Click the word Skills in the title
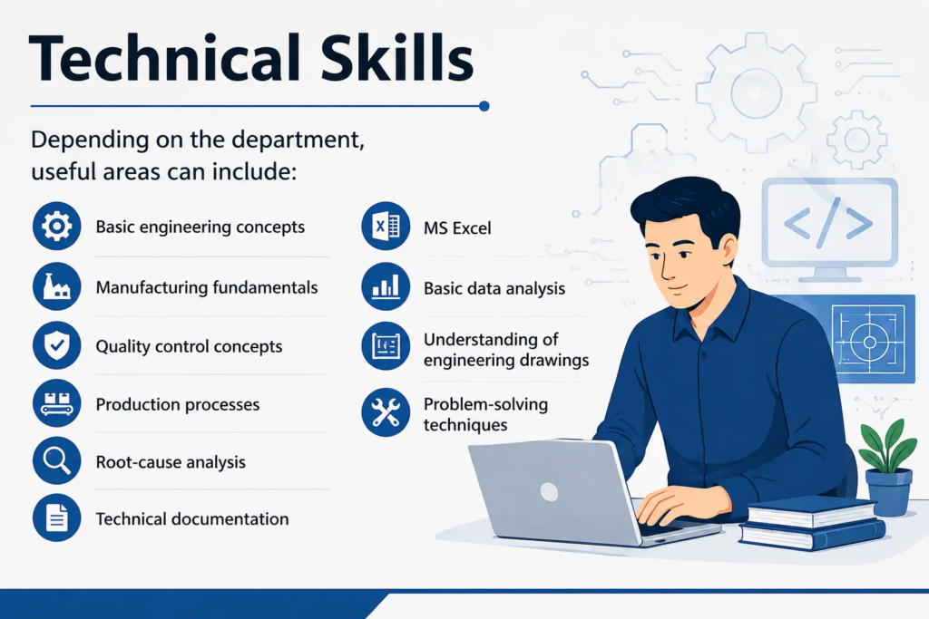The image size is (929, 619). tap(397, 58)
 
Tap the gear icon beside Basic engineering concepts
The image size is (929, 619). tap(57, 226)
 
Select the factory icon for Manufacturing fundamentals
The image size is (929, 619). tap(57, 286)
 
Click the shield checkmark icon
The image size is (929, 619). tap(57, 345)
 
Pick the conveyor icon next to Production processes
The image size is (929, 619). tap(57, 403)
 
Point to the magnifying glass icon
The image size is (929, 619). tap(57, 461)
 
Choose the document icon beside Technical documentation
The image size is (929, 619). tap(57, 517)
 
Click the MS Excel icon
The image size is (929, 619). tap(386, 226)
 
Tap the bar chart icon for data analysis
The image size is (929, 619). tap(386, 286)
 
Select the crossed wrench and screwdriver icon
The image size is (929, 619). tap(386, 412)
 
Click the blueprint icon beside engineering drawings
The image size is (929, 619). tap(386, 346)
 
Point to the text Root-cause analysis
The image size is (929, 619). tap(171, 462)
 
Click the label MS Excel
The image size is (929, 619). tap(457, 227)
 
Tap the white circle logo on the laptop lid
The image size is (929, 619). tap(549, 492)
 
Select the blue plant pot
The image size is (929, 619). tap(889, 492)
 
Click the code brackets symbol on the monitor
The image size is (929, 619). tap(828, 223)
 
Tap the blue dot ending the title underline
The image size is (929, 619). tap(484, 107)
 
